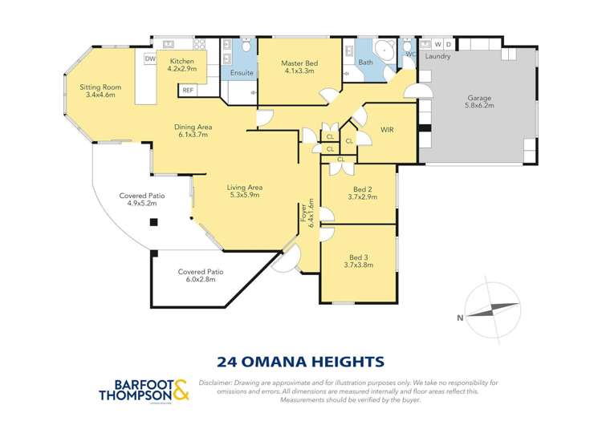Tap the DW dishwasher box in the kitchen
click(150, 59)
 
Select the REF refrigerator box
click(187, 90)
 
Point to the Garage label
click(480, 99)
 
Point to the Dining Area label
click(193, 126)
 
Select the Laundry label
click(437, 57)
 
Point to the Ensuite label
click(242, 73)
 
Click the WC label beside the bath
click(409, 55)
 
